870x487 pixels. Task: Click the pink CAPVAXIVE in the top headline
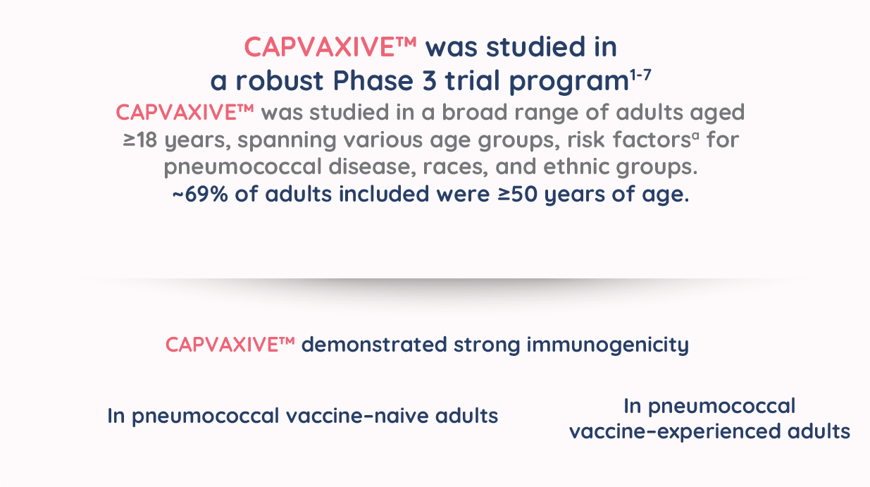coord(320,47)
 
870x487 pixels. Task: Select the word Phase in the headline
coord(373,80)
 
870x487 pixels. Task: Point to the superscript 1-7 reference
coord(640,75)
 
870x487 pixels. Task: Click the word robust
coord(280,80)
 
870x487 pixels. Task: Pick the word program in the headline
coord(569,82)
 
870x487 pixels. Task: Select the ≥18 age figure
coord(139,140)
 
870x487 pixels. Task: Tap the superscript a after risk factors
coord(695,135)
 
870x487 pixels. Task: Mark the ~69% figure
coord(200,194)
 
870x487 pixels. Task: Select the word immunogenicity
coord(607,345)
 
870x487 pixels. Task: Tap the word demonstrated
coord(374,345)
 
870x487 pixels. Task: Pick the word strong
coord(486,346)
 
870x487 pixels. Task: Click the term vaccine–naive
coord(357,416)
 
